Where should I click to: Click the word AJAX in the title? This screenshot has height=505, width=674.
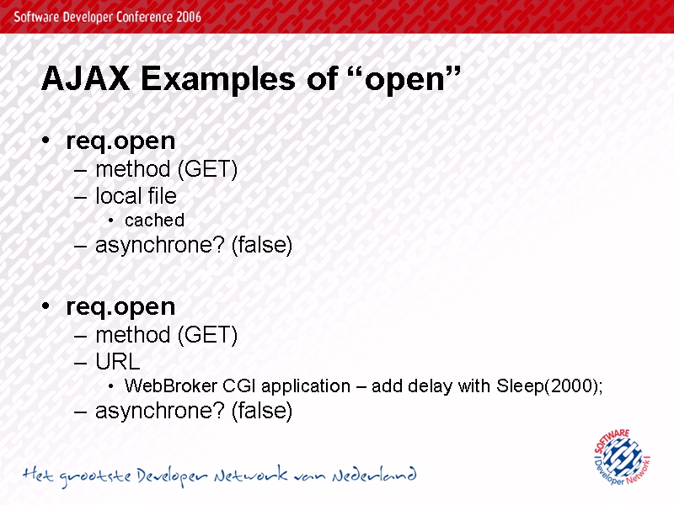tap(86, 77)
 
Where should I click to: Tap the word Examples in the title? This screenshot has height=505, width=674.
tap(218, 80)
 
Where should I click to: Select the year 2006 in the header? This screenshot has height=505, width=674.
tap(188, 17)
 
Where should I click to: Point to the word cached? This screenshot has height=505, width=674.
tap(154, 221)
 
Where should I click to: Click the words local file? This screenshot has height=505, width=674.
tap(136, 195)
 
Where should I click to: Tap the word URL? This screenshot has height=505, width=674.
tap(118, 362)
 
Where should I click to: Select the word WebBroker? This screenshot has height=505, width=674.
tap(171, 385)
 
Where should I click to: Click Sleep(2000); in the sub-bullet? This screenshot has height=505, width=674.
tap(549, 386)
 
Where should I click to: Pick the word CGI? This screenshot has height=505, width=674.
tap(240, 385)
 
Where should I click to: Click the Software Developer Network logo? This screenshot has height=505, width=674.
tap(622, 457)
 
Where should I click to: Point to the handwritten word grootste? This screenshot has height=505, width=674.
tap(95, 476)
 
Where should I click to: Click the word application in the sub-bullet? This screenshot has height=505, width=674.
tap(306, 386)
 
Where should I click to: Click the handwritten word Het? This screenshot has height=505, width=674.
tap(38, 475)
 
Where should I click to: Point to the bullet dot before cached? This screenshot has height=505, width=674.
tap(111, 221)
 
